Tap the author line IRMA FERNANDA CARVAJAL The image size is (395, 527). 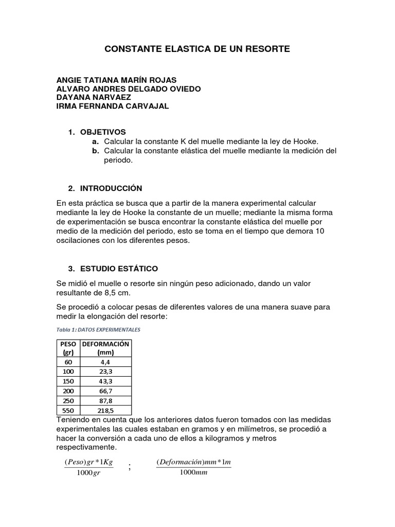(112, 106)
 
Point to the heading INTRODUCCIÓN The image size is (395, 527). (111, 188)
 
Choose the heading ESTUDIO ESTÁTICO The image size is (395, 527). (119, 269)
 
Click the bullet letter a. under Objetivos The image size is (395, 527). (95, 142)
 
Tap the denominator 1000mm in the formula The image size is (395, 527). (193, 473)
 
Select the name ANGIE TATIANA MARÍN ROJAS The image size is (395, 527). (116, 80)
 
